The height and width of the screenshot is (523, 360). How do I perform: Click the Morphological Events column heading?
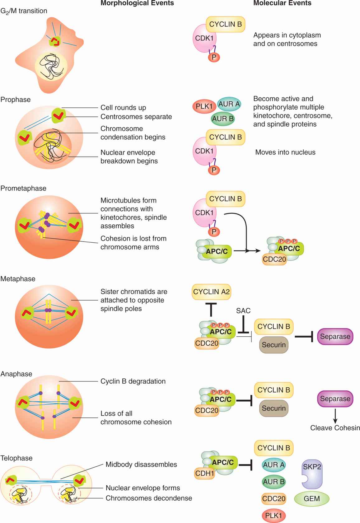(137, 3)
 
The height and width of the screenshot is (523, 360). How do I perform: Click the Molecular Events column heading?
(282, 3)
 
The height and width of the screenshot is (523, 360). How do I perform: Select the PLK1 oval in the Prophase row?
(204, 106)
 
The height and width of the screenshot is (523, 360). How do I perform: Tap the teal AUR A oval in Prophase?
(229, 104)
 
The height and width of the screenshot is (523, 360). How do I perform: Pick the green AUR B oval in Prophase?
(223, 119)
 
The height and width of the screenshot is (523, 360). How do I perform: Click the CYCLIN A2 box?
(211, 292)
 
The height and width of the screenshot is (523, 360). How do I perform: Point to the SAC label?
(243, 311)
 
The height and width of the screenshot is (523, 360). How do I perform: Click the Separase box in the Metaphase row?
(335, 337)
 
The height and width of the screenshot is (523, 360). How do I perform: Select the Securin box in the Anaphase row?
(274, 408)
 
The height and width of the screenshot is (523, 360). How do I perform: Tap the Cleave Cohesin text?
(335, 428)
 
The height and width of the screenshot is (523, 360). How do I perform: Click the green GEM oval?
(311, 499)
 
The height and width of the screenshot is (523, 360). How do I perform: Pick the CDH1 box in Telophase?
(204, 474)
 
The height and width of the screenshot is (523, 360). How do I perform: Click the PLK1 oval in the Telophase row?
(274, 516)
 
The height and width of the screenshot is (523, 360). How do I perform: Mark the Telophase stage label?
(16, 458)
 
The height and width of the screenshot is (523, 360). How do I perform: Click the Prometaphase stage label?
(23, 189)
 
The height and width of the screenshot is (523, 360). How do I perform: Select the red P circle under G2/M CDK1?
(214, 57)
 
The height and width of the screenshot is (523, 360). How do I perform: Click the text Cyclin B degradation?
(133, 381)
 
